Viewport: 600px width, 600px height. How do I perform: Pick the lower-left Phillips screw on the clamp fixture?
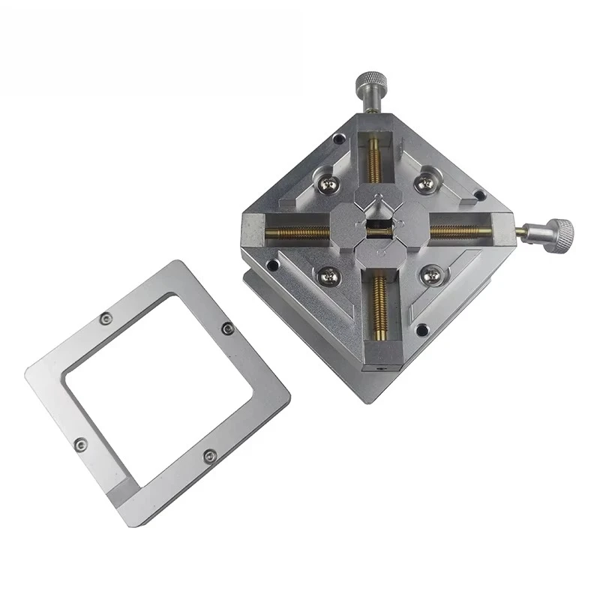pyautogui.click(x=328, y=277)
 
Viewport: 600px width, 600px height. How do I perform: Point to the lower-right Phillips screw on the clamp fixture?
pyautogui.click(x=430, y=276)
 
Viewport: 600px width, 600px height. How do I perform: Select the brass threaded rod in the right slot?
pyautogui.click(x=460, y=231)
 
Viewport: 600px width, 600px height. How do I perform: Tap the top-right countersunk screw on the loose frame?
pyautogui.click(x=228, y=328)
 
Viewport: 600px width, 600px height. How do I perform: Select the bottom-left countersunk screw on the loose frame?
pyautogui.click(x=81, y=445)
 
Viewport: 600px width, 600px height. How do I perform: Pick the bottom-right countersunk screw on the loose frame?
pyautogui.click(x=210, y=455)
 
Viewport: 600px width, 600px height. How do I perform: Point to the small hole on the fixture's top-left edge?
pyautogui.click(x=339, y=139)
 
